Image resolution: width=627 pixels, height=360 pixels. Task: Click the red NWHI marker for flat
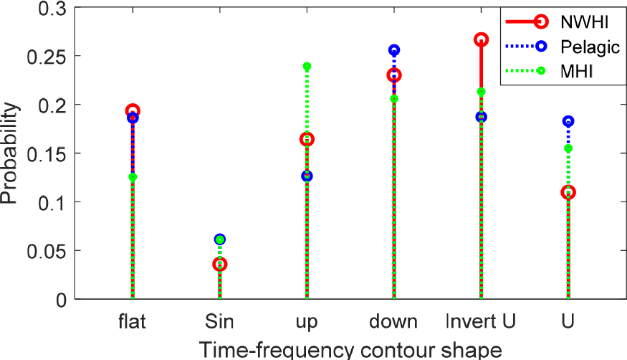point(133,111)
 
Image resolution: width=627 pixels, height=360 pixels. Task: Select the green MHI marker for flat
point(133,176)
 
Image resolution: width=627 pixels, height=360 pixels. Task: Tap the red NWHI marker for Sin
point(220,264)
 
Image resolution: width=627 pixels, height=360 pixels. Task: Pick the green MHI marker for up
point(307,67)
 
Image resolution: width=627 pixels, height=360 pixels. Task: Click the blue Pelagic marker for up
point(307,176)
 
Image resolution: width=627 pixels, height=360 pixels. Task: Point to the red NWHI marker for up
point(307,139)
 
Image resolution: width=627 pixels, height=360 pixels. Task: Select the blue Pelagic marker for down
point(394,50)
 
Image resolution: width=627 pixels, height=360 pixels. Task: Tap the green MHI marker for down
point(394,99)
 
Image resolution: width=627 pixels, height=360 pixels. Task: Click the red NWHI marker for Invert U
point(481,39)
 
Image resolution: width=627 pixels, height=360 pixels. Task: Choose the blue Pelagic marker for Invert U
point(481,116)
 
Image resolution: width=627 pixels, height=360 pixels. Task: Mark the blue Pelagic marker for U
point(568,121)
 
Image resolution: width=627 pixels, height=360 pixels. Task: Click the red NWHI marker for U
point(568,192)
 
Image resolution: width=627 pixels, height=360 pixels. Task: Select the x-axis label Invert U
point(481,321)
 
